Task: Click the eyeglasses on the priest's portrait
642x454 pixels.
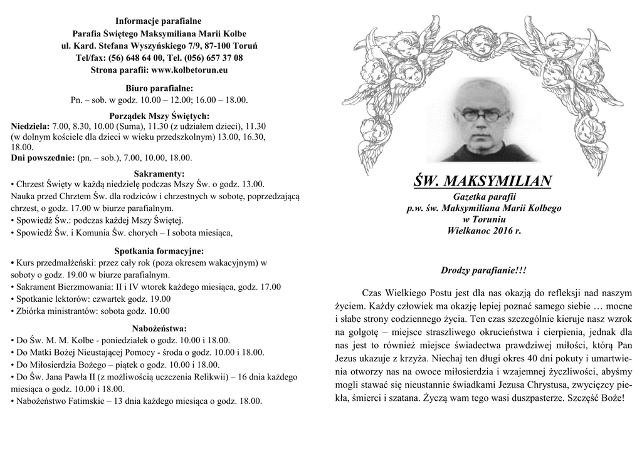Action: [476, 115]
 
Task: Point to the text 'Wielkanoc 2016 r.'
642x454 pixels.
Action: [483, 231]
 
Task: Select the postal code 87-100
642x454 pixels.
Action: [219, 46]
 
